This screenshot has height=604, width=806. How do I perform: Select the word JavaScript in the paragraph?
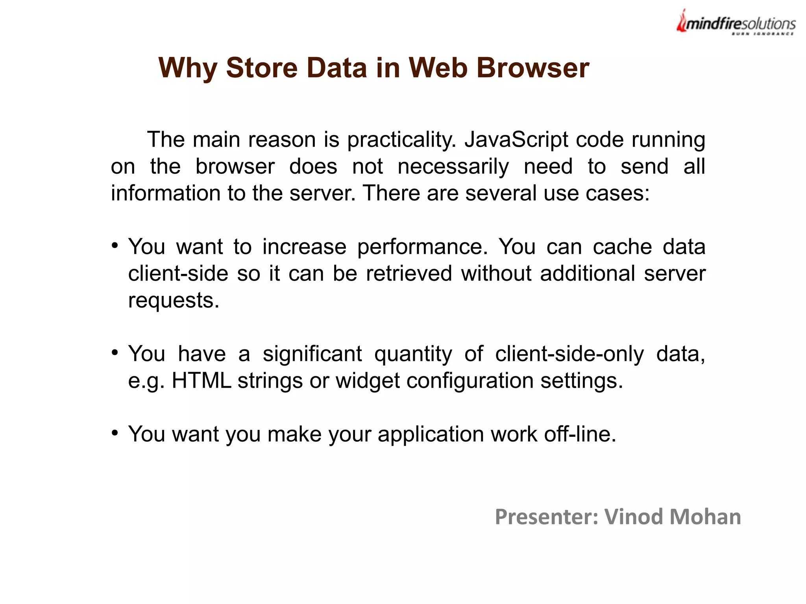pyautogui.click(x=516, y=140)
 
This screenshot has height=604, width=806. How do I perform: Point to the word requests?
pyautogui.click(x=174, y=301)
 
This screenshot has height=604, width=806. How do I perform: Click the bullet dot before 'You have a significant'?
pyautogui.click(x=115, y=353)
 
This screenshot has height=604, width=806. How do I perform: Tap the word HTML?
pyautogui.click(x=201, y=381)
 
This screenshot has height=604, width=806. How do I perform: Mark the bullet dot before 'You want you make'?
pyautogui.click(x=115, y=433)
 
